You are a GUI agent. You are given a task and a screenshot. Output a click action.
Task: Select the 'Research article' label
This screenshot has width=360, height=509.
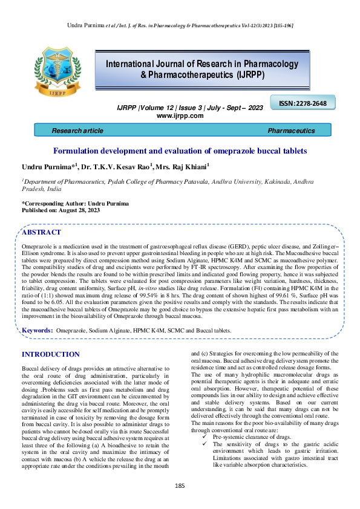click(x=77, y=131)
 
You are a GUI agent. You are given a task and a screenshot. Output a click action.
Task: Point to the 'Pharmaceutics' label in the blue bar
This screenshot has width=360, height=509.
click(x=291, y=131)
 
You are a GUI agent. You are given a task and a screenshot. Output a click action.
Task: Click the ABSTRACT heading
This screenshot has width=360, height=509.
click(x=41, y=232)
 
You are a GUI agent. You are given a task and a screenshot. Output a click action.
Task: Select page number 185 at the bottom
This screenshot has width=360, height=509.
click(x=180, y=486)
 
